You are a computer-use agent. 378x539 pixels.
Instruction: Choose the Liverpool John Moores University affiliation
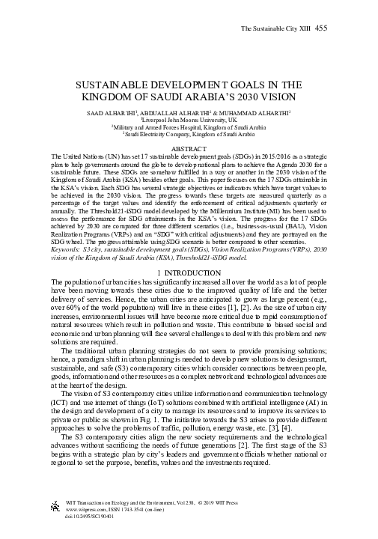[189, 119]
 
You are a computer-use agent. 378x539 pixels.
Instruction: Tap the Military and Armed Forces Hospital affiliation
[189, 127]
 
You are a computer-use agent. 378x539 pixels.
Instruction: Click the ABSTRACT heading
[189, 149]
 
